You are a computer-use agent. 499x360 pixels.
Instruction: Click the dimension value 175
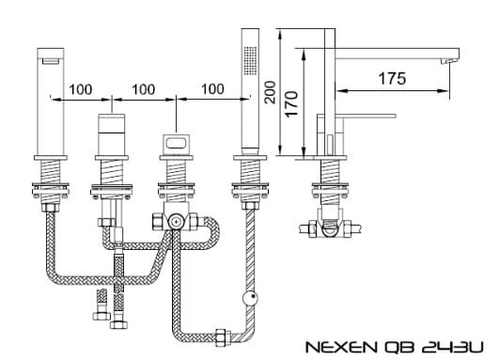[x=393, y=79]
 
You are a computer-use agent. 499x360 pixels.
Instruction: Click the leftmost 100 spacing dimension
[x=81, y=89]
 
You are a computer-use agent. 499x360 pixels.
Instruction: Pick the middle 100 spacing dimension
[x=144, y=89]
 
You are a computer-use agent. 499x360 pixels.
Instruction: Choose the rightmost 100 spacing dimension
[x=212, y=89]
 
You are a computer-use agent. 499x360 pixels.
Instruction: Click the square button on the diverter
[x=175, y=144]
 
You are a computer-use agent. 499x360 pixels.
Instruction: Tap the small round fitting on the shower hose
[x=248, y=300]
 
